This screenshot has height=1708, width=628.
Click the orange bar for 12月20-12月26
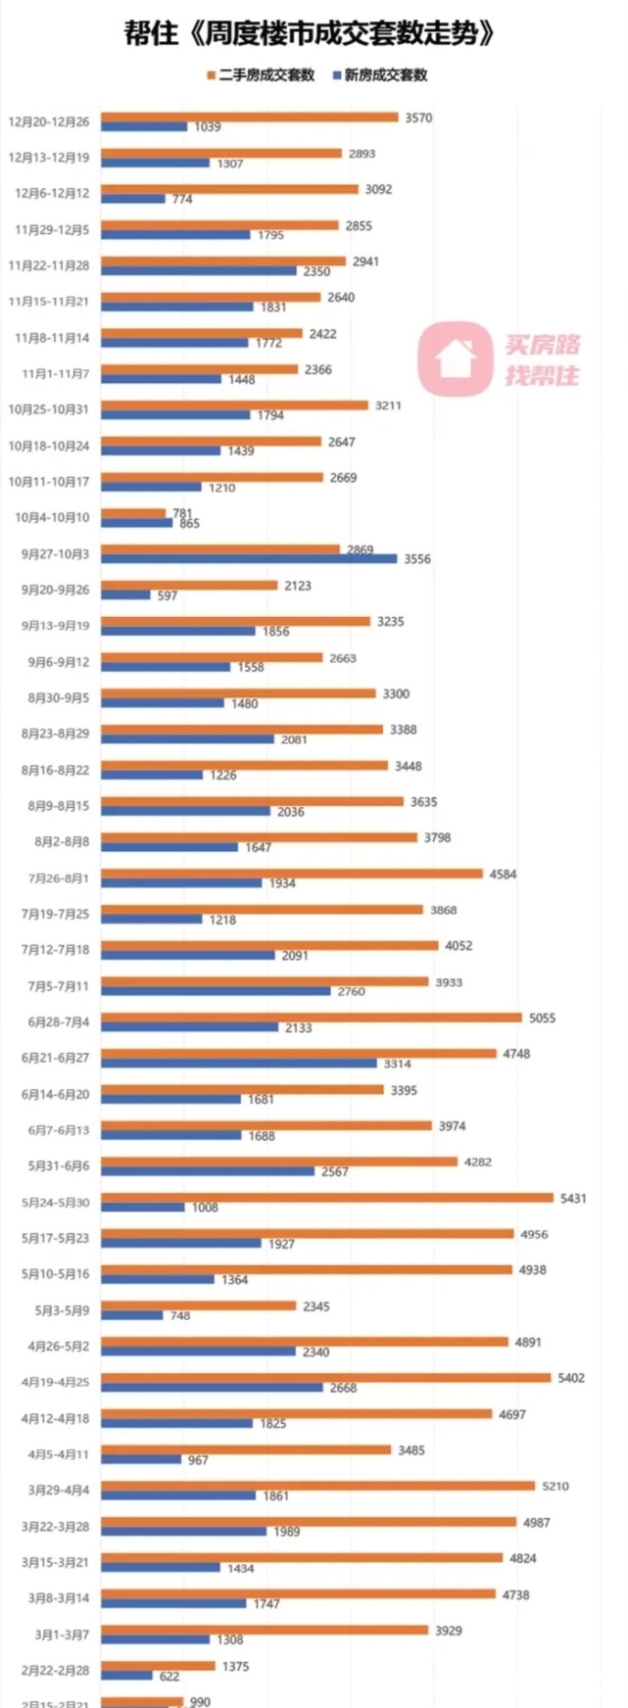click(x=250, y=118)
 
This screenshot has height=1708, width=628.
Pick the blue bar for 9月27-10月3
click(x=250, y=559)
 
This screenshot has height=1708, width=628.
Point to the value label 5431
click(x=573, y=1198)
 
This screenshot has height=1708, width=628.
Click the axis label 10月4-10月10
click(x=52, y=517)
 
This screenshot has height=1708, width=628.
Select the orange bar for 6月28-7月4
click(x=312, y=1018)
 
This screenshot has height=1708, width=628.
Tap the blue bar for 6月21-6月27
click(x=239, y=1064)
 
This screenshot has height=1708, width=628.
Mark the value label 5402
click(x=571, y=1378)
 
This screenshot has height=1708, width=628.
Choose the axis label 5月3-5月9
click(x=62, y=1310)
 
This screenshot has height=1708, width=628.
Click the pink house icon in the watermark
click(x=454, y=359)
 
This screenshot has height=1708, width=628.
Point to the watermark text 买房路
click(x=543, y=345)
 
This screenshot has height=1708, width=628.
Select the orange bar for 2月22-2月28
click(x=159, y=1666)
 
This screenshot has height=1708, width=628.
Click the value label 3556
click(x=417, y=559)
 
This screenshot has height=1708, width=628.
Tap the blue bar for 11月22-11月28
click(x=199, y=271)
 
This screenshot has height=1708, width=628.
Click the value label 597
click(x=168, y=595)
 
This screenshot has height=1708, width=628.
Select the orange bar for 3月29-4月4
click(x=318, y=1487)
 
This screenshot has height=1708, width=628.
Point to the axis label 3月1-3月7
click(x=62, y=1635)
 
